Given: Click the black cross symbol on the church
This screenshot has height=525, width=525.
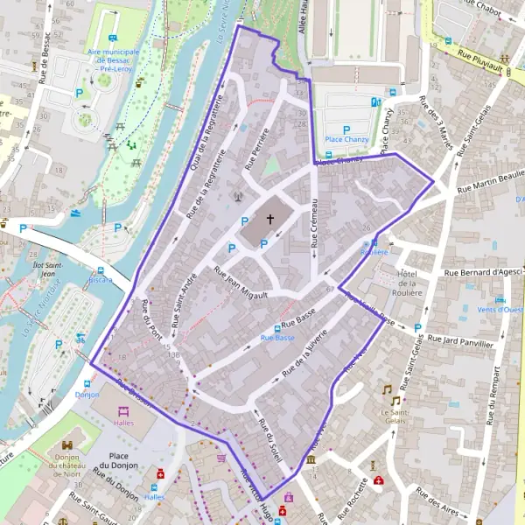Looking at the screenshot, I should pos(270,220).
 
